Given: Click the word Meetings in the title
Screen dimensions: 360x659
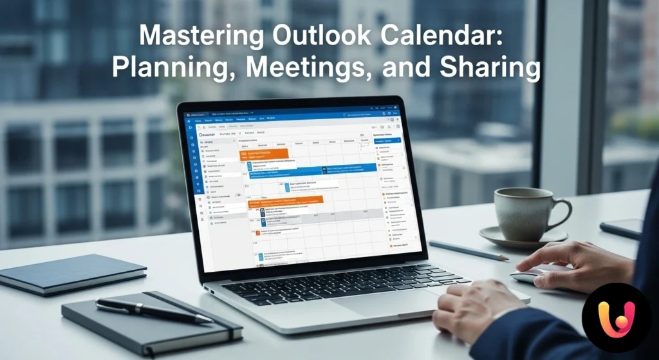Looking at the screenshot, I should point(313,68).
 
